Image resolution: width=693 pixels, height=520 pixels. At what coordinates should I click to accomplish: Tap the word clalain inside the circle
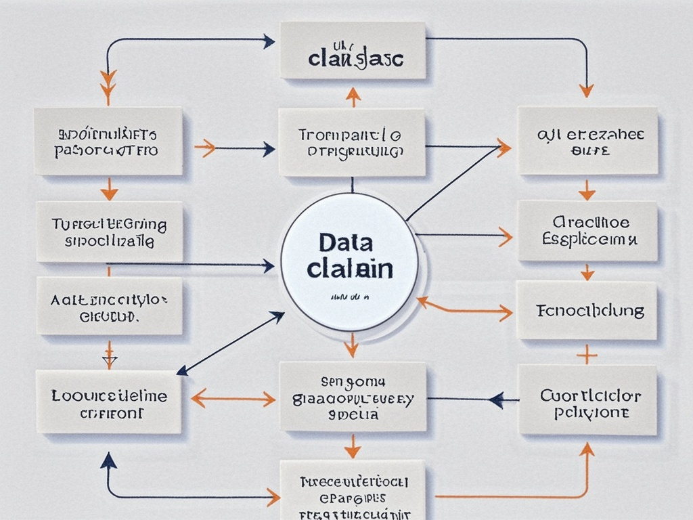tap(349, 268)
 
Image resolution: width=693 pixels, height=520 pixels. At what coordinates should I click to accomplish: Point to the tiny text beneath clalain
tap(349, 297)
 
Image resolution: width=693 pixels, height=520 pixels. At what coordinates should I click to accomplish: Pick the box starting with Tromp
tap(351, 143)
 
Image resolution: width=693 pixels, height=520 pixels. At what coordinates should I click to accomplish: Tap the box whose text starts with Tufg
tap(109, 232)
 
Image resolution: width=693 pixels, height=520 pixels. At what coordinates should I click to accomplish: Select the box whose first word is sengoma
tap(352, 396)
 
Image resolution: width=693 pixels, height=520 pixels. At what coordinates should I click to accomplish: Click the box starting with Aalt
tap(109, 305)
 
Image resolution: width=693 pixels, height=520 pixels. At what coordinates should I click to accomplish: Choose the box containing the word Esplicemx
tap(587, 231)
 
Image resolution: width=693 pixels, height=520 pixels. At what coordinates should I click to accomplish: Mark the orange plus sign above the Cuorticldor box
tap(586, 353)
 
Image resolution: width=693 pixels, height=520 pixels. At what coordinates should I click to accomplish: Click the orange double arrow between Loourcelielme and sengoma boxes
tap(233, 398)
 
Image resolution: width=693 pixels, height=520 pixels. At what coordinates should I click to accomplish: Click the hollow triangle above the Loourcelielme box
tap(109, 360)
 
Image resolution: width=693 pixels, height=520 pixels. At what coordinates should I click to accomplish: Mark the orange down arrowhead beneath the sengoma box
tap(352, 450)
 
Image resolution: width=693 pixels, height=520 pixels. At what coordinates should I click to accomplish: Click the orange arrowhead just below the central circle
tap(351, 349)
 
